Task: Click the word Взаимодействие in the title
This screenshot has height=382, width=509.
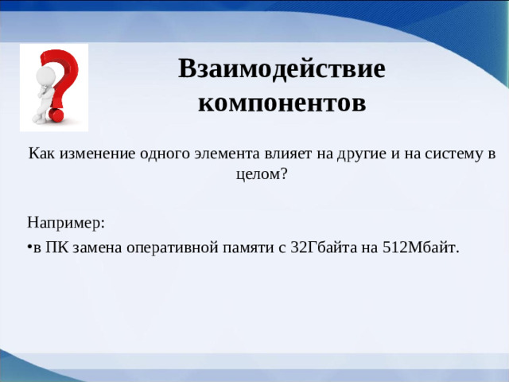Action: pyautogui.click(x=282, y=69)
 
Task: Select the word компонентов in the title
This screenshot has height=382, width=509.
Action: pyautogui.click(x=282, y=103)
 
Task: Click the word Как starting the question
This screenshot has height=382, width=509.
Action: pyautogui.click(x=41, y=154)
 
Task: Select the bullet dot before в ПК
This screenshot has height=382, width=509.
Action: pyautogui.click(x=29, y=247)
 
